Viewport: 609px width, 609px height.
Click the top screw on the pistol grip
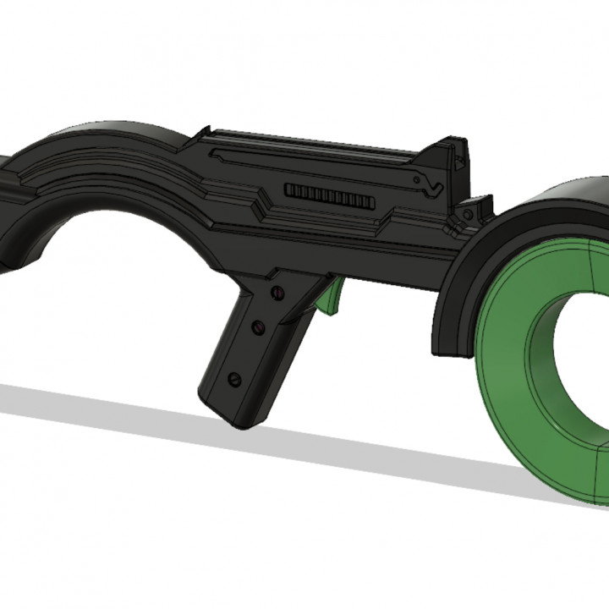277,293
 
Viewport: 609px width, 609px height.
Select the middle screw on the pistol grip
258,326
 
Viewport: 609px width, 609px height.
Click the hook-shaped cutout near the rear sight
432,182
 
